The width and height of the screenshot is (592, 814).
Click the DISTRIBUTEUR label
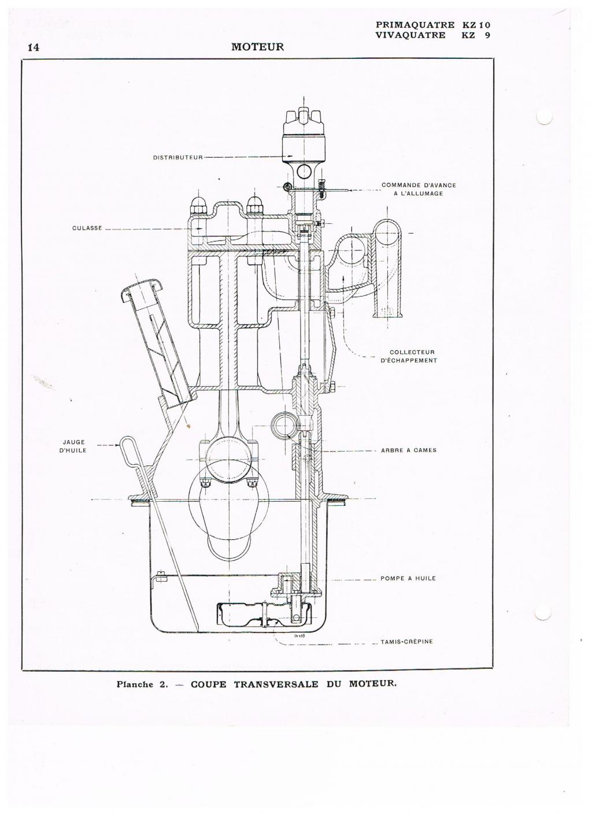point(177,157)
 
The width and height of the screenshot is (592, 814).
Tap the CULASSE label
point(87,228)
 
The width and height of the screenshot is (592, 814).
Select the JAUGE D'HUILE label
point(74,446)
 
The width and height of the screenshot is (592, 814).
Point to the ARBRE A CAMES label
point(409,450)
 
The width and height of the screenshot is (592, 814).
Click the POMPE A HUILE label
point(408,578)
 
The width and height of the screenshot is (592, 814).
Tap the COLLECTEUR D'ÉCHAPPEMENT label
point(409,356)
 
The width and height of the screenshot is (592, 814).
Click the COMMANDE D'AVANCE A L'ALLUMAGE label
point(419,189)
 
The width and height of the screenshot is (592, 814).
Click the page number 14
point(34,47)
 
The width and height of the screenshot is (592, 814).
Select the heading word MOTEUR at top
point(258,47)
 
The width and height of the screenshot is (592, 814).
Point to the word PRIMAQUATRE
point(415,25)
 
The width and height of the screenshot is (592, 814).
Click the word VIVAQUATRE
point(411,35)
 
